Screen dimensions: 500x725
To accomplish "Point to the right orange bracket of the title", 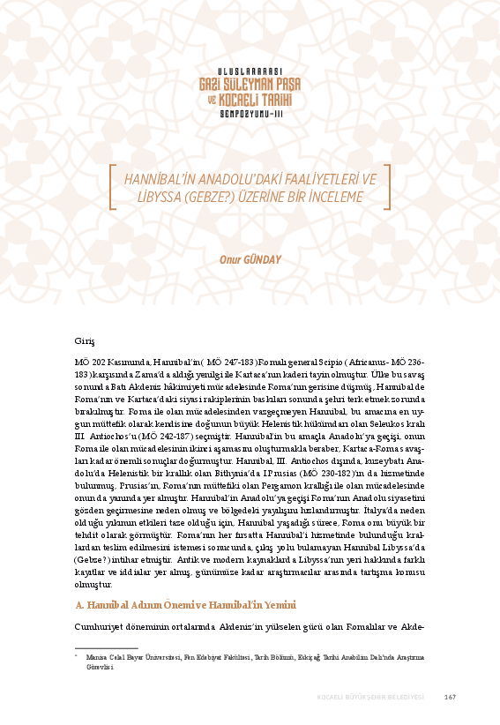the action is point(386,187).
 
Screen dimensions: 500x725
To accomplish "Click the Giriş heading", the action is point(85,340).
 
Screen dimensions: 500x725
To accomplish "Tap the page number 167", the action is point(449,698).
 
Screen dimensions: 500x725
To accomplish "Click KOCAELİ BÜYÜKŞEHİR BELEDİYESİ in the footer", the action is point(371,698).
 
